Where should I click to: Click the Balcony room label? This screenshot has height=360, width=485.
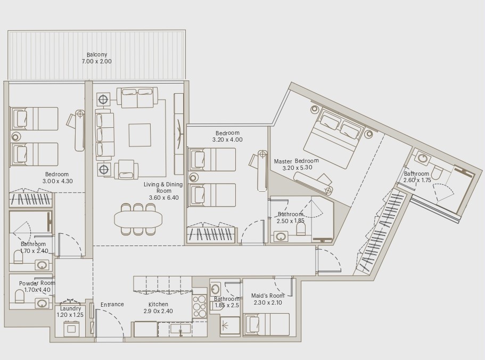click(97, 54)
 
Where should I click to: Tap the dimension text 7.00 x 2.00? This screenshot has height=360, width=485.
click(97, 62)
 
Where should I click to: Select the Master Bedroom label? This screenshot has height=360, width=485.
click(297, 161)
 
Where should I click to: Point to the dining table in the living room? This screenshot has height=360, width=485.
click(138, 218)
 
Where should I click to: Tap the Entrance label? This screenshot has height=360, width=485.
click(112, 305)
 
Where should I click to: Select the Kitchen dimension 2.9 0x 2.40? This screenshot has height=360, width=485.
click(158, 312)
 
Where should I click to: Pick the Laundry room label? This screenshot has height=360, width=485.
click(70, 308)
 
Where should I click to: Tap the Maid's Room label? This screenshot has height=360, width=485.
click(267, 296)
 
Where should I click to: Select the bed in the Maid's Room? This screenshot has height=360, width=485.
click(266, 324)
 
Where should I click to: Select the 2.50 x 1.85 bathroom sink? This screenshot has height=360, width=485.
click(280, 236)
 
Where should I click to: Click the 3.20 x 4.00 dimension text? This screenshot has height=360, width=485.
click(227, 140)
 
